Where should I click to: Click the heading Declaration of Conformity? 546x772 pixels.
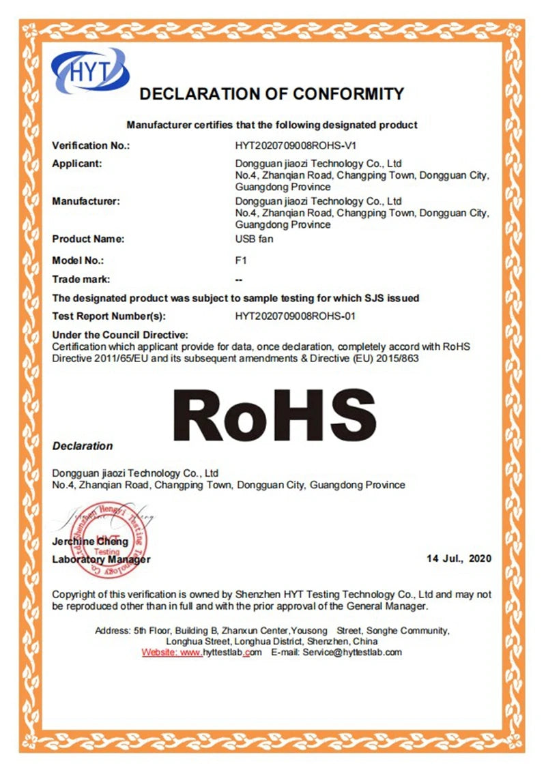pos(272,93)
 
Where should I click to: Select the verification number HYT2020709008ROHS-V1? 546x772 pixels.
pos(296,145)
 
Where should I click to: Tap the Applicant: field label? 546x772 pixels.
pos(77,164)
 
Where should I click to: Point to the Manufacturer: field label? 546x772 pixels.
pos(86,201)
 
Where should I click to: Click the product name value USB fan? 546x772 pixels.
pos(253,239)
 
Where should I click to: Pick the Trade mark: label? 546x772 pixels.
pos(81,279)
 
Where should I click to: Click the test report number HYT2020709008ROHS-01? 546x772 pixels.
pos(296,316)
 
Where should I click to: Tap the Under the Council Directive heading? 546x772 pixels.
pos(119,335)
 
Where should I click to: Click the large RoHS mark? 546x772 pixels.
pos(279,415)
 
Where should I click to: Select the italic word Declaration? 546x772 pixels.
pos(83,446)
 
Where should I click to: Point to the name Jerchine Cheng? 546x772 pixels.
pos(90,541)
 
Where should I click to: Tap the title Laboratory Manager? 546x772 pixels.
pos(101,559)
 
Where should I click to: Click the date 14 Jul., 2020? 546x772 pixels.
pos(459,559)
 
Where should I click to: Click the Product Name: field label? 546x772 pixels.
pos(88,239)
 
